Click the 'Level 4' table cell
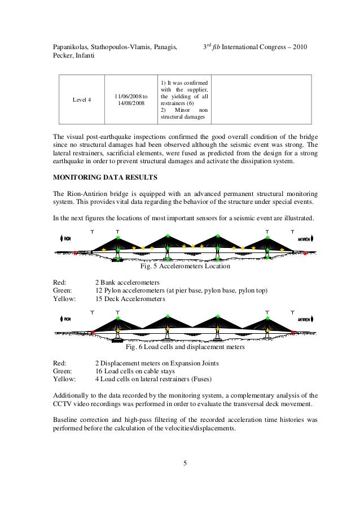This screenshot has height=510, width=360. point(82,100)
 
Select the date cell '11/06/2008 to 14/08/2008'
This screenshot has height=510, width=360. point(131,100)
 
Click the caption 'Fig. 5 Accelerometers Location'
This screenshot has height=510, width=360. point(185,266)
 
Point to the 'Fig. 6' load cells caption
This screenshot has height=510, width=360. point(185,347)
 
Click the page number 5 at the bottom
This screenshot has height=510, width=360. point(185,464)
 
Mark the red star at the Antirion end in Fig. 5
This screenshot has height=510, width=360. point(305,254)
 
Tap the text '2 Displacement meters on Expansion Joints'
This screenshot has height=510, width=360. point(156,363)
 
